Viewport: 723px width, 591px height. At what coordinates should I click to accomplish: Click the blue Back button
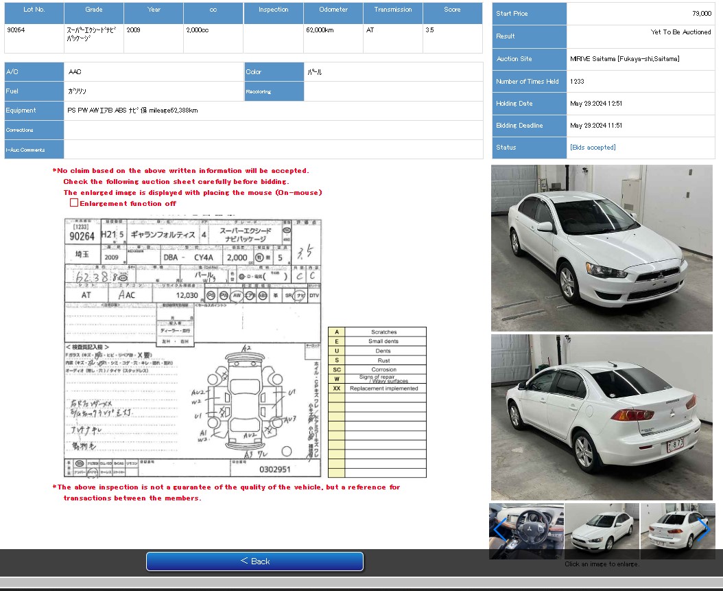tap(254, 561)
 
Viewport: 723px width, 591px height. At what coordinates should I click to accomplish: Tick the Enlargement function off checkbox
tap(74, 203)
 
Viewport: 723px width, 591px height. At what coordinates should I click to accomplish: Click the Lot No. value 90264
tap(16, 30)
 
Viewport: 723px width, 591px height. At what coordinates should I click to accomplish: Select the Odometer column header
tap(333, 10)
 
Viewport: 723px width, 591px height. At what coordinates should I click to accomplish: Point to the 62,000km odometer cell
tap(320, 30)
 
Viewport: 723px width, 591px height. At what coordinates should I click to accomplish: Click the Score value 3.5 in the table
tap(429, 30)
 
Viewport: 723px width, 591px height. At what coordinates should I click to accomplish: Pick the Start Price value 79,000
tap(701, 14)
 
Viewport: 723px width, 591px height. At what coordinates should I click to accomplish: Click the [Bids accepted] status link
tap(593, 148)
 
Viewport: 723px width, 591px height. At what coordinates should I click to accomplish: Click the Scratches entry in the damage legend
tap(383, 332)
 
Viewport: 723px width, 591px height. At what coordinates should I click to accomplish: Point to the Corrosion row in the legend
tap(383, 369)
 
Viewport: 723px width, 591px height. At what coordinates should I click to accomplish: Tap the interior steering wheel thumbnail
tap(526, 531)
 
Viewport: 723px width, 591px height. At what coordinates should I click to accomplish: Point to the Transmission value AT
tap(370, 30)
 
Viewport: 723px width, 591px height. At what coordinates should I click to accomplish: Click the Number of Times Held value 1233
tap(577, 82)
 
